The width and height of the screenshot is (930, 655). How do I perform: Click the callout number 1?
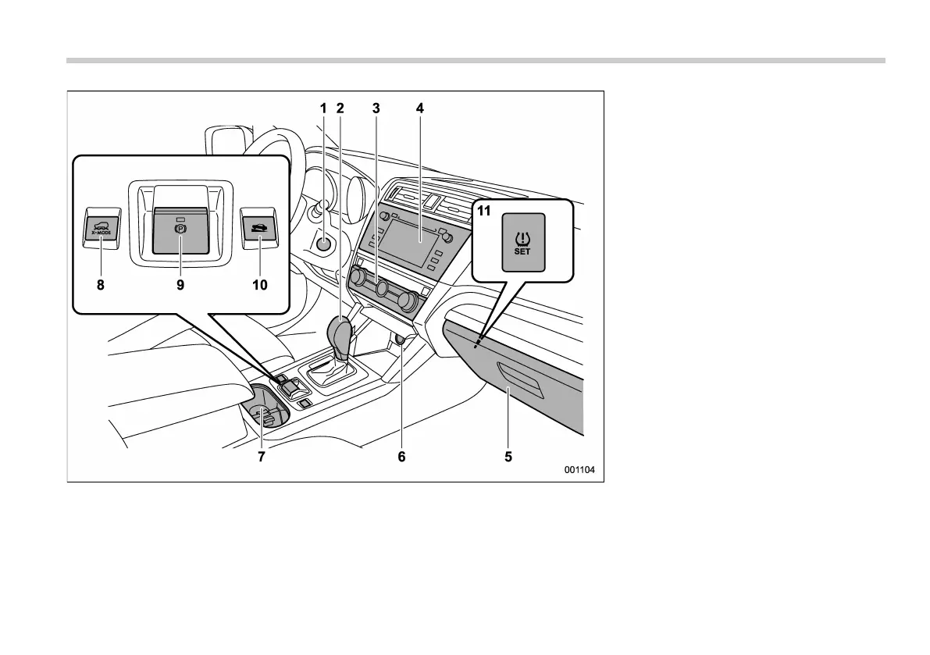(324, 109)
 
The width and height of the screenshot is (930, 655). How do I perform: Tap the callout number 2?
(340, 109)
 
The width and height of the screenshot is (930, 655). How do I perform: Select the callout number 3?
(376, 109)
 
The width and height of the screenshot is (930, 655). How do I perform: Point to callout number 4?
(419, 109)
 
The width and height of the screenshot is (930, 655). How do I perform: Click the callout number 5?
(508, 457)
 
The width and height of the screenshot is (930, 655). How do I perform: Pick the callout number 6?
(401, 457)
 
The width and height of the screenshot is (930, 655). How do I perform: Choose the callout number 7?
(262, 457)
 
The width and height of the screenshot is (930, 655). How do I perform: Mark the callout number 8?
(100, 285)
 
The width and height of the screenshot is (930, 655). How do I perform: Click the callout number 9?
(180, 285)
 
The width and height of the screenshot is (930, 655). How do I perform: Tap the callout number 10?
(259, 285)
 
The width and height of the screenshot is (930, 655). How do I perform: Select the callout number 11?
(484, 210)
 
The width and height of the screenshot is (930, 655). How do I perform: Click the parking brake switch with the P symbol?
(180, 231)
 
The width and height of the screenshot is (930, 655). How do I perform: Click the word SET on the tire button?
(522, 251)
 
